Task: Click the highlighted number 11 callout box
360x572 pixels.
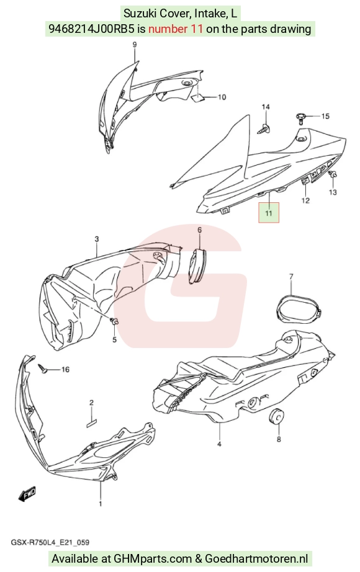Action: click(268, 213)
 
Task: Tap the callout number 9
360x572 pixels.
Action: click(134, 45)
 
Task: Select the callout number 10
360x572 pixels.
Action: click(222, 97)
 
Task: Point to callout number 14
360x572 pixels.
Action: click(266, 107)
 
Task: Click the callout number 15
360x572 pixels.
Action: click(325, 116)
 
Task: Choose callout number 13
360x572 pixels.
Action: click(333, 192)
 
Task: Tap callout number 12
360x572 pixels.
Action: click(305, 200)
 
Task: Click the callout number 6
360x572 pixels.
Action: click(199, 230)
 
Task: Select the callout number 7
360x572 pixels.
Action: click(291, 277)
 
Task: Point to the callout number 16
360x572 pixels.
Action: click(65, 370)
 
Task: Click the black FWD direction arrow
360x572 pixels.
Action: click(27, 494)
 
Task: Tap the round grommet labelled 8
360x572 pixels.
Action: click(276, 416)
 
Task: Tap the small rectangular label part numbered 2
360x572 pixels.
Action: click(92, 421)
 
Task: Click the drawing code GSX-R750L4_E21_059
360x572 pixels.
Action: click(50, 542)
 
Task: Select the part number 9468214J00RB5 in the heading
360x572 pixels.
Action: click(91, 29)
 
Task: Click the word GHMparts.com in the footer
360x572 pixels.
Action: click(153, 558)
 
